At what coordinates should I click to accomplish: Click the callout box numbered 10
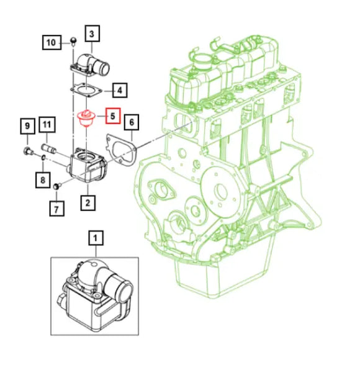tap(52, 43)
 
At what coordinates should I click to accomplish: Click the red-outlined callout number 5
tap(112, 115)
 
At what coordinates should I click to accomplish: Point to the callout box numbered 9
tap(27, 127)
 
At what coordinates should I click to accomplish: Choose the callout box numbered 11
tap(47, 127)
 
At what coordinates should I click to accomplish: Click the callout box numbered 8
tap(42, 180)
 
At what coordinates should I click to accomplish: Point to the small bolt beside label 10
tap(73, 42)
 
